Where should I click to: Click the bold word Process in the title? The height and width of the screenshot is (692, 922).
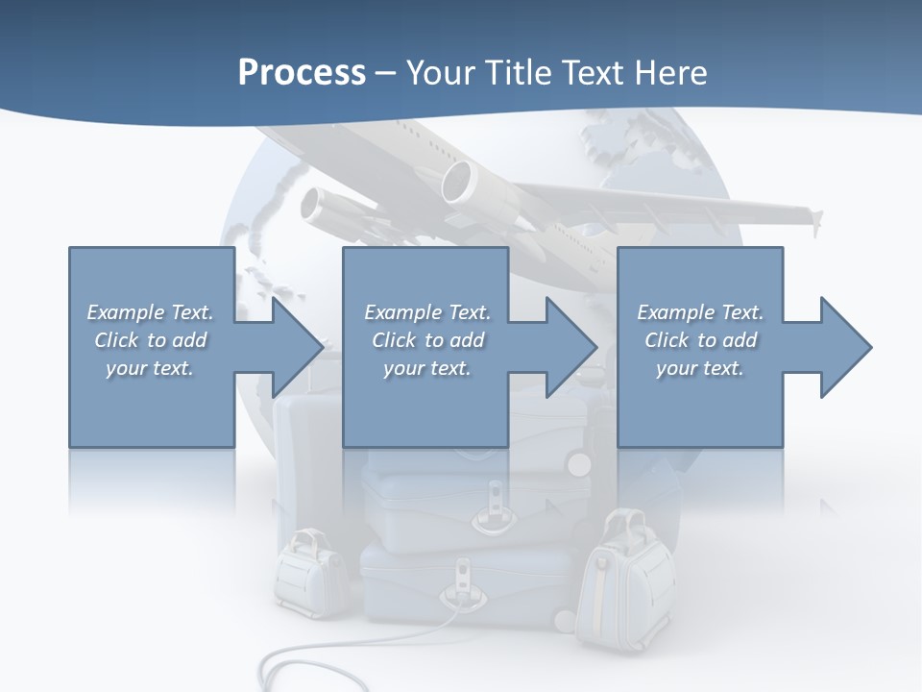click(x=302, y=73)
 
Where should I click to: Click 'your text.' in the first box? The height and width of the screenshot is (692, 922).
click(x=150, y=368)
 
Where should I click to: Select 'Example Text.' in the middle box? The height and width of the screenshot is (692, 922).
click(x=426, y=312)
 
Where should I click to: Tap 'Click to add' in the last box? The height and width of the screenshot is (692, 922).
click(x=700, y=340)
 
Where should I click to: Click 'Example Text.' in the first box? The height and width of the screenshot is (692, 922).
click(x=150, y=312)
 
